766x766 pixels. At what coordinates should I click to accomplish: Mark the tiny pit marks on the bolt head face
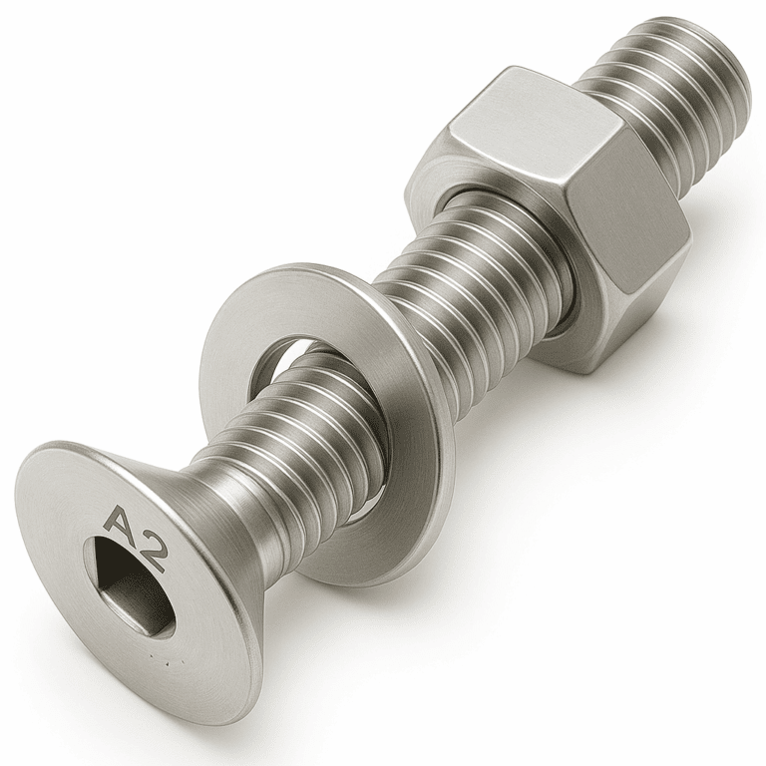pyautogui.click(x=165, y=661)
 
